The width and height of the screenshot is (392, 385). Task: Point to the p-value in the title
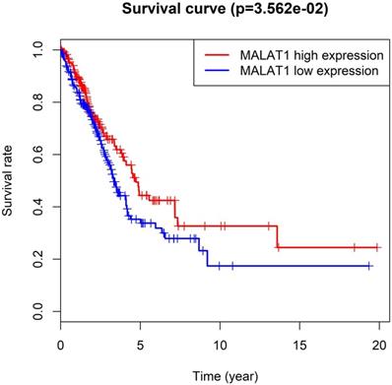click(277, 10)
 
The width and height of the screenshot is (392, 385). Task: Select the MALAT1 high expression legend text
click(311, 55)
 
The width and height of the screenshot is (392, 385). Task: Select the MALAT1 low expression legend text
click(309, 71)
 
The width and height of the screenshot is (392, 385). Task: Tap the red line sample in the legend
click(217, 55)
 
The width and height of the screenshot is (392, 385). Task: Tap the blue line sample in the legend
click(217, 70)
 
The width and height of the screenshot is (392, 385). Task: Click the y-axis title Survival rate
click(7, 180)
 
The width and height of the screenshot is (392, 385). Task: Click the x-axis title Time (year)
click(226, 376)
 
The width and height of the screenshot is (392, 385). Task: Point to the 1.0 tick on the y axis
click(38, 50)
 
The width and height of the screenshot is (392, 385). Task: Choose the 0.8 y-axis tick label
click(38, 102)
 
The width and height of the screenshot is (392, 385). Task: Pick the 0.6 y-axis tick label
click(38, 155)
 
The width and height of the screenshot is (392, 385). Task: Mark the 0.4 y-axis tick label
click(38, 207)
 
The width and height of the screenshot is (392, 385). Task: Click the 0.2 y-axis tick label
click(38, 259)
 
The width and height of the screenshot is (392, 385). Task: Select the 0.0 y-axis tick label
click(38, 311)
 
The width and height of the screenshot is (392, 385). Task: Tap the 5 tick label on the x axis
click(140, 346)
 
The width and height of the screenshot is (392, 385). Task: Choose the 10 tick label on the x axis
click(220, 346)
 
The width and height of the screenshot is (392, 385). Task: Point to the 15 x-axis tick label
click(299, 346)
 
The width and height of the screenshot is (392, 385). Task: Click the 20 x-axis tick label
click(379, 346)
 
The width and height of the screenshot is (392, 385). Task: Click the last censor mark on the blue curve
click(369, 266)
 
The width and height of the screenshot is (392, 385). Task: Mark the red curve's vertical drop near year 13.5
click(277, 236)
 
